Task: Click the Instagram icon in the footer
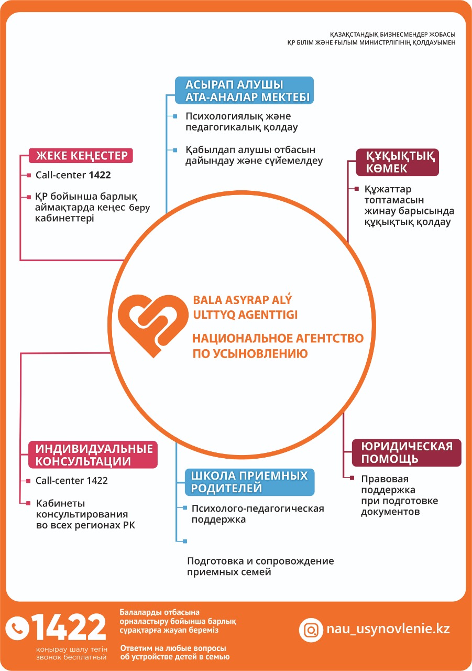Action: (311, 630)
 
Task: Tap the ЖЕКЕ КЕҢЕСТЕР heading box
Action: (81, 156)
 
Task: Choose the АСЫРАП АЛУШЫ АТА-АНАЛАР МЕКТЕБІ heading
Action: (244, 91)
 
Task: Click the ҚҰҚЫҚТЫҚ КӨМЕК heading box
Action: (397, 162)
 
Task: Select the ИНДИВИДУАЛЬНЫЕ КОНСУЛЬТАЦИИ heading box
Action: (93, 454)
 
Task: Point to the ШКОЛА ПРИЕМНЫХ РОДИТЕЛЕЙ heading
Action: (249, 482)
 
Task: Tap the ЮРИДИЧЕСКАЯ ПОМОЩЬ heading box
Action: (407, 452)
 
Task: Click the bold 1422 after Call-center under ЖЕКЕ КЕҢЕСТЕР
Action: (100, 175)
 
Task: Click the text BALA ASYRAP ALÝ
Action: (242, 300)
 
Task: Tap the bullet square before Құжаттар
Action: (356, 189)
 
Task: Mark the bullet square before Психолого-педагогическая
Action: (185, 507)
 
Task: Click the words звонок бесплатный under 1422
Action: (71, 657)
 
